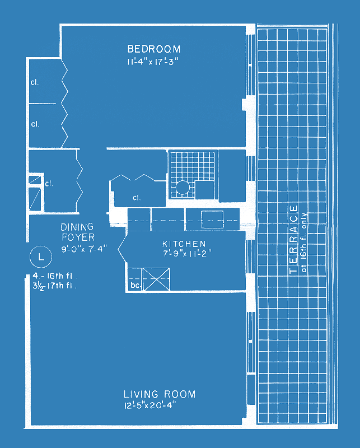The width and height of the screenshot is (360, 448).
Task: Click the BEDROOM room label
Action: [154, 49]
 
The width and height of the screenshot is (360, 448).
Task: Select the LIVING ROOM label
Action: [160, 394]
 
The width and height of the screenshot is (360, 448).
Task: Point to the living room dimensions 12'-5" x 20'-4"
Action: [149, 405]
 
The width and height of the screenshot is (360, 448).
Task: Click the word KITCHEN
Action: [184, 244]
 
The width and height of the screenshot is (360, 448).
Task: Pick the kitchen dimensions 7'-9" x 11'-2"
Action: [187, 254]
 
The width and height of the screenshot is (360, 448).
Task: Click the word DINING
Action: [77, 227]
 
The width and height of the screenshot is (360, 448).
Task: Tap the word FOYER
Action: [78, 237]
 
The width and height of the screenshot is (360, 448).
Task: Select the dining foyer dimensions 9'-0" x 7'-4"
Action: [84, 249]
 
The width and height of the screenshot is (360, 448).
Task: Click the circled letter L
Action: [41, 256]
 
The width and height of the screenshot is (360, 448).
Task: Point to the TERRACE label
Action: [294, 239]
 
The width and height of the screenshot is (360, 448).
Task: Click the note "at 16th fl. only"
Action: [303, 242]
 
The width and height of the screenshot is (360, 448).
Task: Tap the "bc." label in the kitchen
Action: [135, 285]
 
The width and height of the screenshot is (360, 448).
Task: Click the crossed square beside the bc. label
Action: [156, 279]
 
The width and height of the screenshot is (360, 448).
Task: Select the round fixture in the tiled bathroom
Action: [183, 188]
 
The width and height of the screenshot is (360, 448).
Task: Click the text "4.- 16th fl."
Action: [55, 276]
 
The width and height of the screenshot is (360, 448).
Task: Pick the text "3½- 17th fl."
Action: [54, 286]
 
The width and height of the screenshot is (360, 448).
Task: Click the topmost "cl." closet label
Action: [35, 82]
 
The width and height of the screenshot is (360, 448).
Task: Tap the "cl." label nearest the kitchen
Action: [137, 198]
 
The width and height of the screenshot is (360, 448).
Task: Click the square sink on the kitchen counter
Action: [213, 220]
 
